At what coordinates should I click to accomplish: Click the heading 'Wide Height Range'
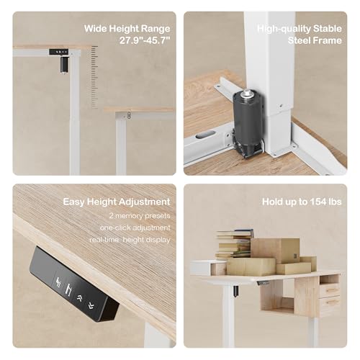pyautogui.click(x=127, y=29)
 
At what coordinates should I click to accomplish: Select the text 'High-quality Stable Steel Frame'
pyautogui.click(x=300, y=35)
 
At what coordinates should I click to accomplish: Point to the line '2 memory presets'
pyautogui.click(x=139, y=215)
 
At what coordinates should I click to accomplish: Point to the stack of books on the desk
pyautogui.click(x=233, y=244)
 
